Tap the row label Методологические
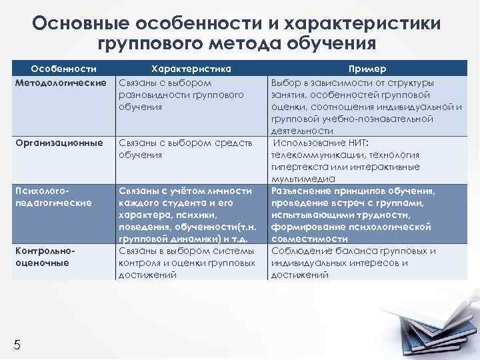(61, 83)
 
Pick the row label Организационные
(59, 143)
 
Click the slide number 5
(17, 344)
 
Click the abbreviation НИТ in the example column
(356, 143)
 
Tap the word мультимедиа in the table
(303, 179)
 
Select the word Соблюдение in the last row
(301, 251)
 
